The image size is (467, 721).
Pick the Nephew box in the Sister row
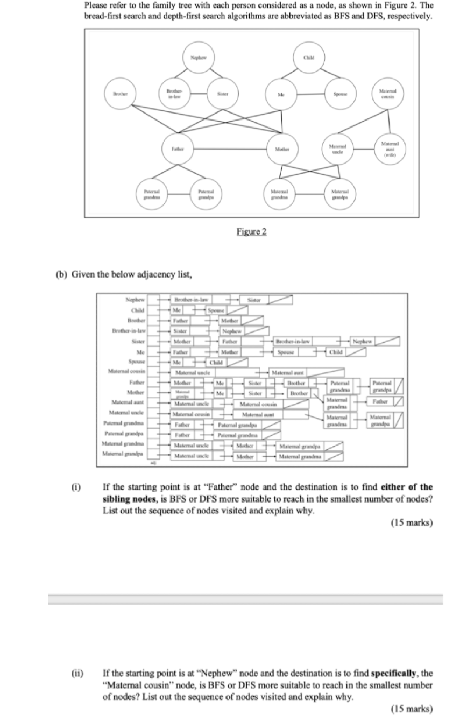[363, 341]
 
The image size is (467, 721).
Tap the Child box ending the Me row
[336, 351]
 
